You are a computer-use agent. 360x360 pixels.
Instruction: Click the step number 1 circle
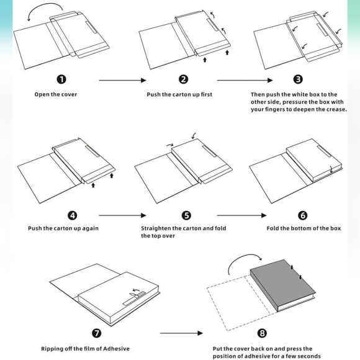pyautogui.click(x=61, y=79)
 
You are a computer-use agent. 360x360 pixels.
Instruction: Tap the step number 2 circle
pyautogui.click(x=183, y=79)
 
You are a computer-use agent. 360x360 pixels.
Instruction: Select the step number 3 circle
pyautogui.click(x=298, y=79)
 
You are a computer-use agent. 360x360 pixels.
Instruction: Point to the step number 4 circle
pyautogui.click(x=73, y=215)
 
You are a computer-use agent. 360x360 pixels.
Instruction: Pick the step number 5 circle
pyautogui.click(x=186, y=215)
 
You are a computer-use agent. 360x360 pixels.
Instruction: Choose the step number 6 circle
pyautogui.click(x=303, y=215)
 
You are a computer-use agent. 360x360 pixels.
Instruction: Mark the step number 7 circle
pyautogui.click(x=97, y=333)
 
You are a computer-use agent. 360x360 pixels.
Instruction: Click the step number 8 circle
pyautogui.click(x=262, y=333)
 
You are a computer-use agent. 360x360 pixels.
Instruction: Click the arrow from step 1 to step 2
pyautogui.click(x=123, y=80)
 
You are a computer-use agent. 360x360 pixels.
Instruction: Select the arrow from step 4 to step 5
pyautogui.click(x=123, y=215)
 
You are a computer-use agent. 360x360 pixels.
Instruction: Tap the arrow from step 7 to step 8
pyautogui.click(x=181, y=333)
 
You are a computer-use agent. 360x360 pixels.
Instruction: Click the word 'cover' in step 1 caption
pyautogui.click(x=70, y=94)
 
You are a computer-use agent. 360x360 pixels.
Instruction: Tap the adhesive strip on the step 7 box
pyautogui.click(x=134, y=298)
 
